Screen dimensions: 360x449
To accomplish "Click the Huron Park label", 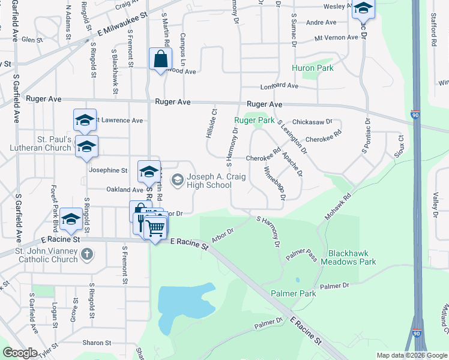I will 312,68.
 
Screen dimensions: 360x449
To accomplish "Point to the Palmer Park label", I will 293,293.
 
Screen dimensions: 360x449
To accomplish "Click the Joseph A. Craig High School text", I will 208,181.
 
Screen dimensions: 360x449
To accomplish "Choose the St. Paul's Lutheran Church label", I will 41,144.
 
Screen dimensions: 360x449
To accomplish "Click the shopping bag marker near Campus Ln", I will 160,59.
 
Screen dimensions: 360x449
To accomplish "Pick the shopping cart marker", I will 155,227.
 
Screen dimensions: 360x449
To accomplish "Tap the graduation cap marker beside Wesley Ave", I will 363,9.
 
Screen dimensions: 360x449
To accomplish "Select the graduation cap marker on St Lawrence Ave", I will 85,120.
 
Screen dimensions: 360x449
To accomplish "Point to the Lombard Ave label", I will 279,86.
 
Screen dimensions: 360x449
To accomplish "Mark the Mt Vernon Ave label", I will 336,37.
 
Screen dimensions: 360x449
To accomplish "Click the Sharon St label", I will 97,343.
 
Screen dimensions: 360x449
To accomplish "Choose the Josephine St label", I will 107,170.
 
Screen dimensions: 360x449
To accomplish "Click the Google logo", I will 20,353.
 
